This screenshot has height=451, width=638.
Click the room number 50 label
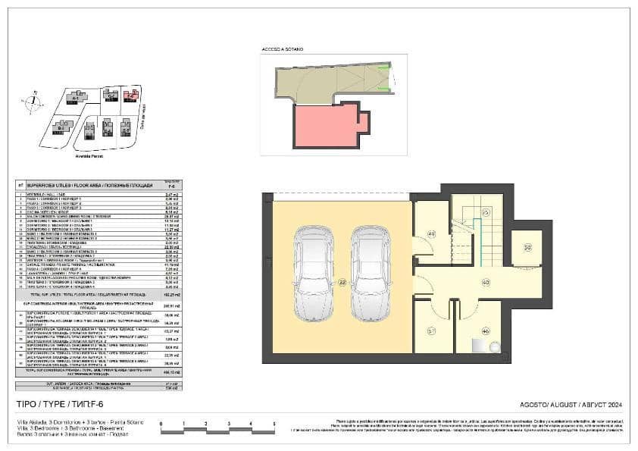pyautogui.click(x=527, y=247)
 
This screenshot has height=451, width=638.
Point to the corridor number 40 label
pyautogui.click(x=485, y=282)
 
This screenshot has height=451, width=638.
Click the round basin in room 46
pyautogui.click(x=495, y=346)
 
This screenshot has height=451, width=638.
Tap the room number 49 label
pyautogui.click(x=431, y=235)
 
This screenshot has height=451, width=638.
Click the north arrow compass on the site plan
pyautogui.click(x=33, y=102)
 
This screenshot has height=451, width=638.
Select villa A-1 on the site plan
pyautogui.click(x=74, y=98)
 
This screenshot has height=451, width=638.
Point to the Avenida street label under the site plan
pyautogui.click(x=89, y=156)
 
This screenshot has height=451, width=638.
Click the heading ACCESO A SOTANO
pyautogui.click(x=282, y=49)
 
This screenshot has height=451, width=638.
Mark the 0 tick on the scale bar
pyautogui.click(x=161, y=425)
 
